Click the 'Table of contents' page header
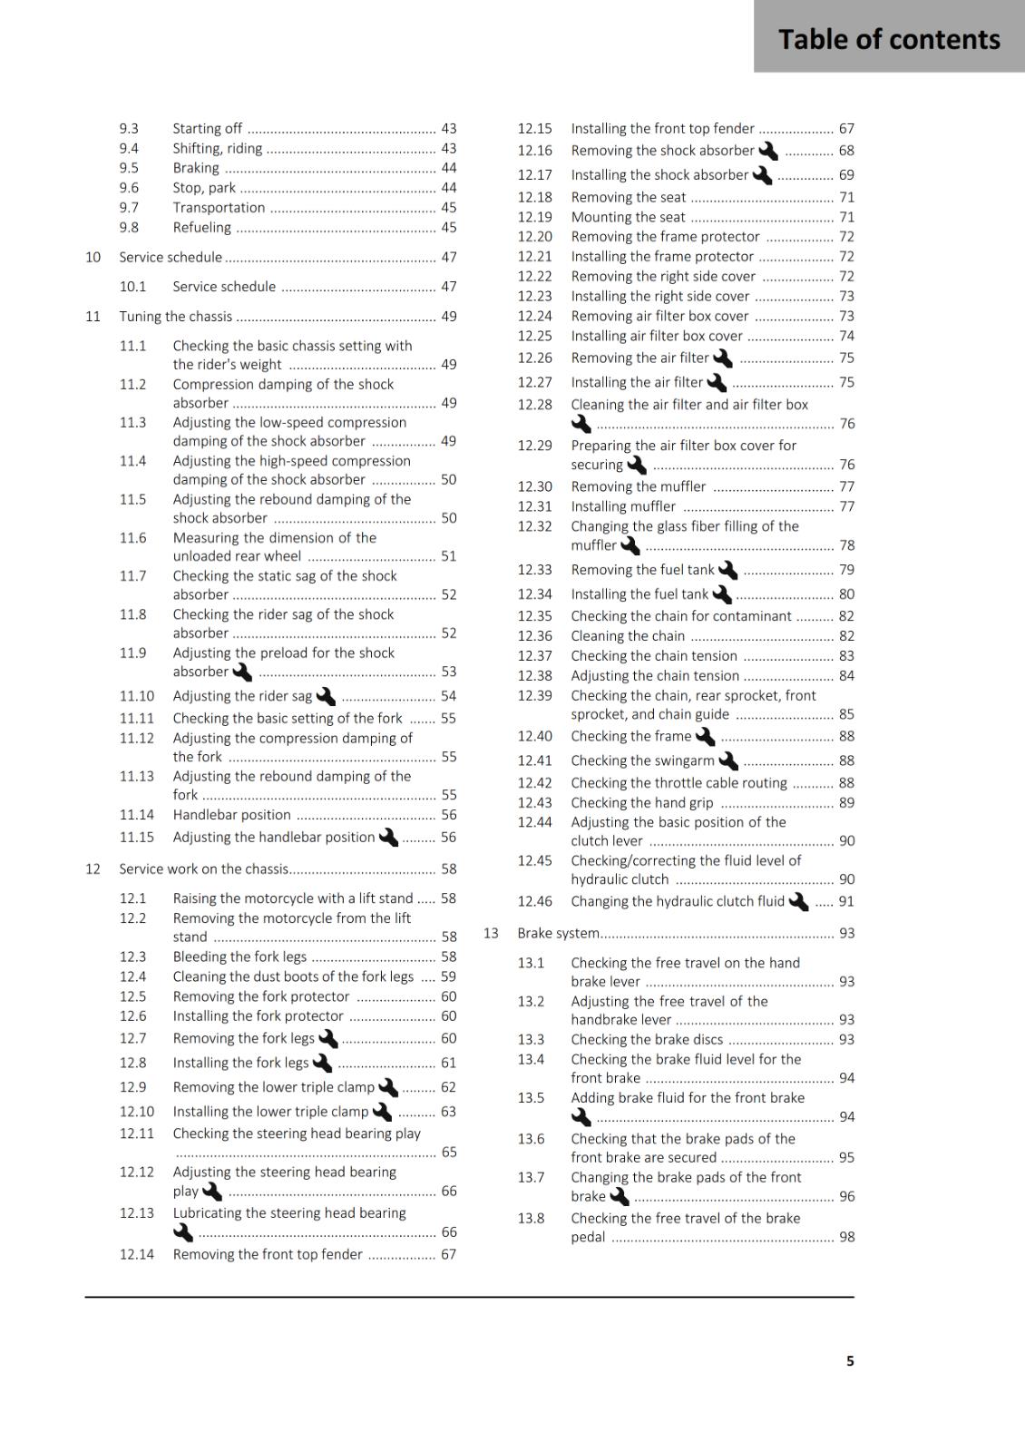pyautogui.click(x=889, y=39)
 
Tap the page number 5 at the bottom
pyautogui.click(x=850, y=1360)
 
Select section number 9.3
pyautogui.click(x=129, y=129)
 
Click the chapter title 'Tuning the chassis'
pyautogui.click(x=176, y=317)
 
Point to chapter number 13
pyautogui.click(x=491, y=933)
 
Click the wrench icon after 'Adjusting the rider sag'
pyautogui.click(x=326, y=697)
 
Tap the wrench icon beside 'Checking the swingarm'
pyautogui.click(x=728, y=761)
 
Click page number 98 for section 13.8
pyautogui.click(x=846, y=1237)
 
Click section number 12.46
pyautogui.click(x=534, y=902)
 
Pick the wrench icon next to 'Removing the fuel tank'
pyautogui.click(x=727, y=570)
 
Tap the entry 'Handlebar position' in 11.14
pyautogui.click(x=232, y=815)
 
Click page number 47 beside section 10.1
pyautogui.click(x=448, y=287)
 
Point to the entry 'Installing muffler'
pyautogui.click(x=623, y=506)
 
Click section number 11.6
pyautogui.click(x=132, y=538)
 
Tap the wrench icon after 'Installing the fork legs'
pyautogui.click(x=322, y=1063)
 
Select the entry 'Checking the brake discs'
pyautogui.click(x=647, y=1040)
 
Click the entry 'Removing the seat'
pyautogui.click(x=628, y=197)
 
